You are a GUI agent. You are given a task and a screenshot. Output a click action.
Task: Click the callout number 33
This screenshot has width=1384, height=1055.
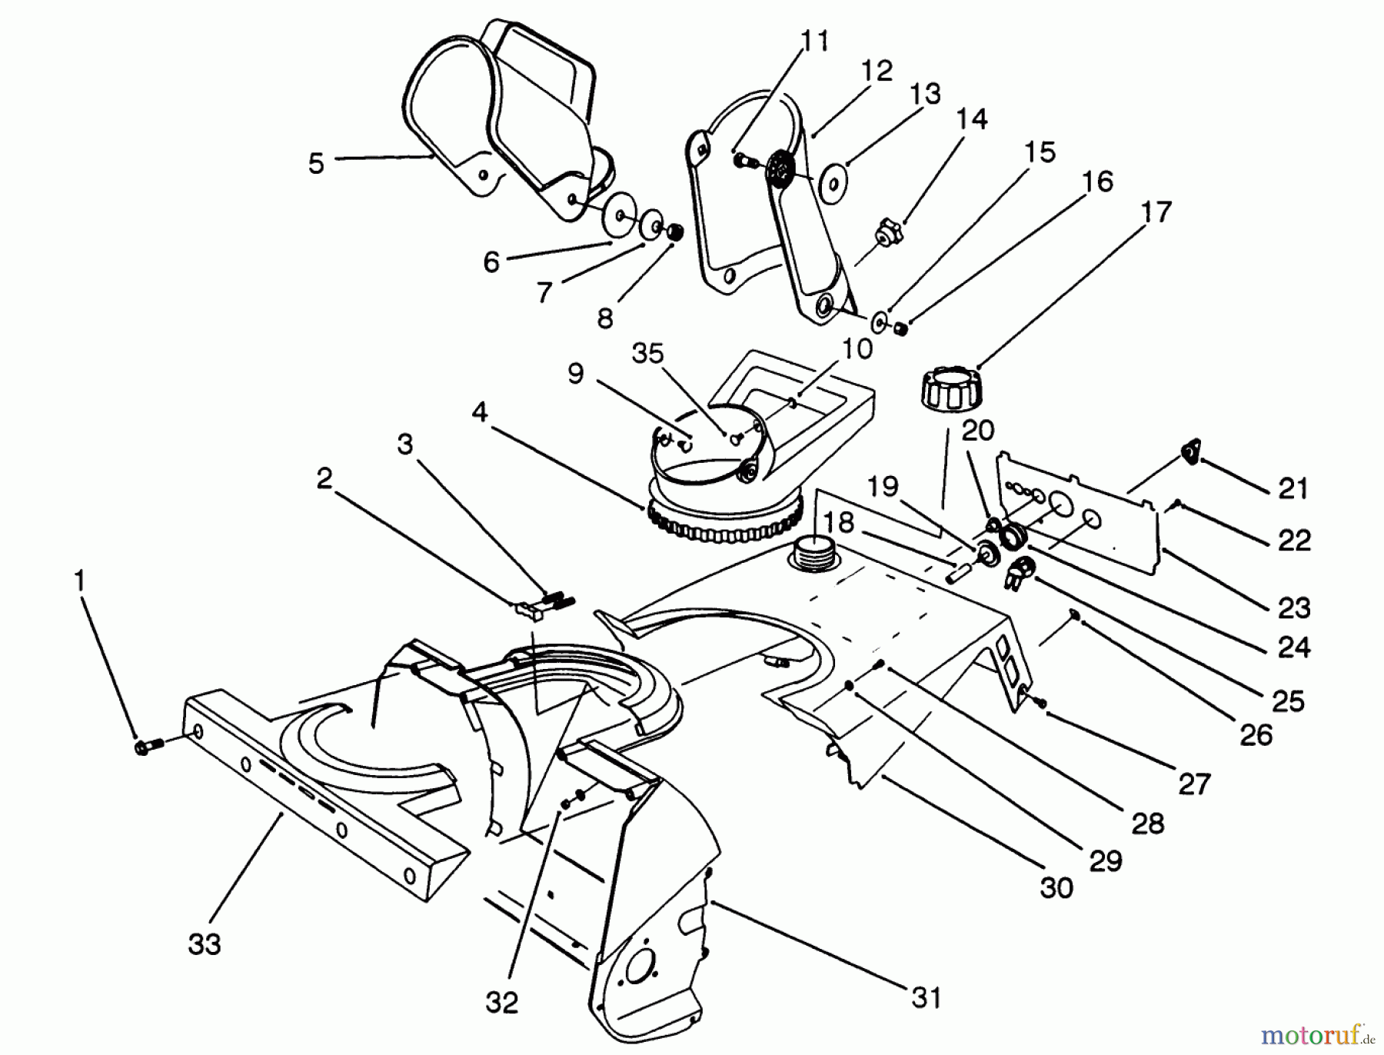point(205,944)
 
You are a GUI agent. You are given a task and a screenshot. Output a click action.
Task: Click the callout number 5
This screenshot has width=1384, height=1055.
point(316,163)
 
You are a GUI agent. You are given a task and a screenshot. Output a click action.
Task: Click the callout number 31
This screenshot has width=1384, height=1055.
point(927,998)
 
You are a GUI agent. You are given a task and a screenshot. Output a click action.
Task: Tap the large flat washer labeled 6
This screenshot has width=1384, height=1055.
point(617,218)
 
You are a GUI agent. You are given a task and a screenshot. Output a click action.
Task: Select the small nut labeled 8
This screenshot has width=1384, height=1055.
point(674,231)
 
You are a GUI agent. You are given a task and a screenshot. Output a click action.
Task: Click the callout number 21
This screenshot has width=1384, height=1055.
point(1293,488)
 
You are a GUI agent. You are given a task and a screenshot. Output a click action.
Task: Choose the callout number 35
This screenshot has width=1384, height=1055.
point(647,354)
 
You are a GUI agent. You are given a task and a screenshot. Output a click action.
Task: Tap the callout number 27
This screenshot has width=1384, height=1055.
point(1194,784)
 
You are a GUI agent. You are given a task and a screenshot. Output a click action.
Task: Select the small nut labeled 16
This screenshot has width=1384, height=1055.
point(901,329)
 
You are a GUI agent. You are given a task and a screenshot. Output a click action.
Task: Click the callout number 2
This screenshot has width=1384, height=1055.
point(324,478)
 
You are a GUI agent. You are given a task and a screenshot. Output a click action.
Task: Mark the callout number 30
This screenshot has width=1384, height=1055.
point(1056,887)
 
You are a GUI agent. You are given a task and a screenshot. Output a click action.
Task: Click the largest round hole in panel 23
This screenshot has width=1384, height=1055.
point(1061,504)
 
